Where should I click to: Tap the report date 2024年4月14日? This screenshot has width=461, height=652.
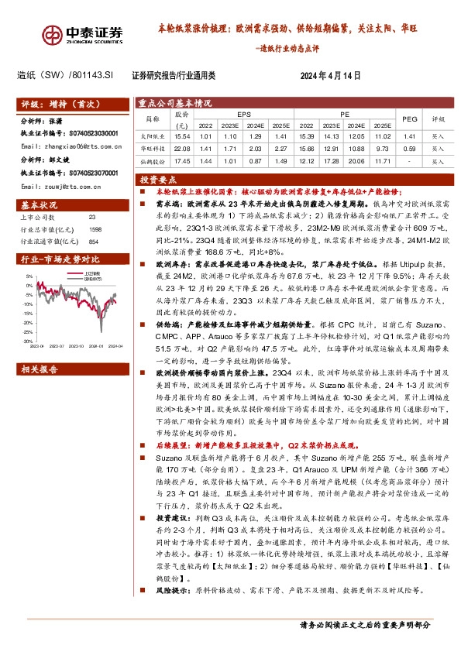click(x=330, y=75)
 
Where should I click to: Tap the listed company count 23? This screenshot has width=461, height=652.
click(x=92, y=218)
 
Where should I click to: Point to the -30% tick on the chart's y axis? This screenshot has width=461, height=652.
click(x=28, y=341)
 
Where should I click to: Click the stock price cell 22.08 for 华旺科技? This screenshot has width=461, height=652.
click(x=182, y=148)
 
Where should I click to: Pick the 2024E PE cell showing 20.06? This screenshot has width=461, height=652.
click(x=353, y=161)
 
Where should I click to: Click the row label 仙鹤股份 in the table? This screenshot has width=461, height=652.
click(x=151, y=161)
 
